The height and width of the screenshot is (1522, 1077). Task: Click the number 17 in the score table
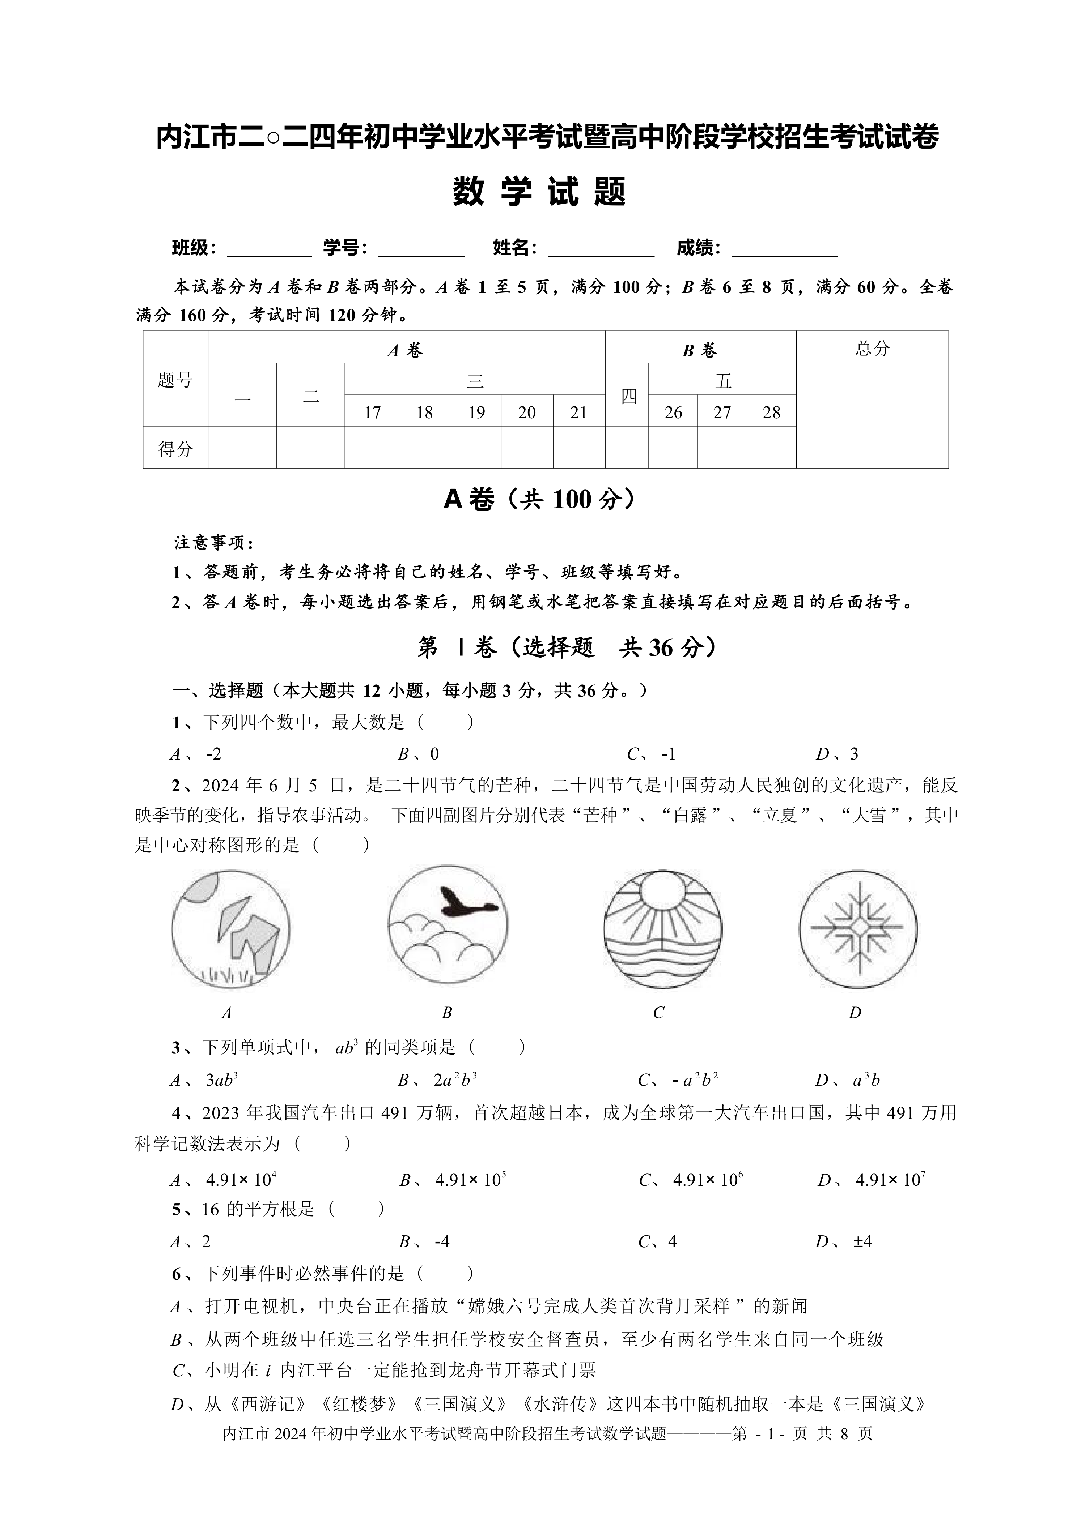point(372,413)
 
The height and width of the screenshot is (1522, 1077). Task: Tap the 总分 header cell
point(872,349)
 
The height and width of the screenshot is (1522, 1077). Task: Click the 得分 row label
point(175,449)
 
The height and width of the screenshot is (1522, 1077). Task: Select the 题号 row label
point(175,380)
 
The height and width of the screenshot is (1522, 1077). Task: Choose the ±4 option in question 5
point(862,1241)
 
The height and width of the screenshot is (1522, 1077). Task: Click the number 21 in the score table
point(578,413)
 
